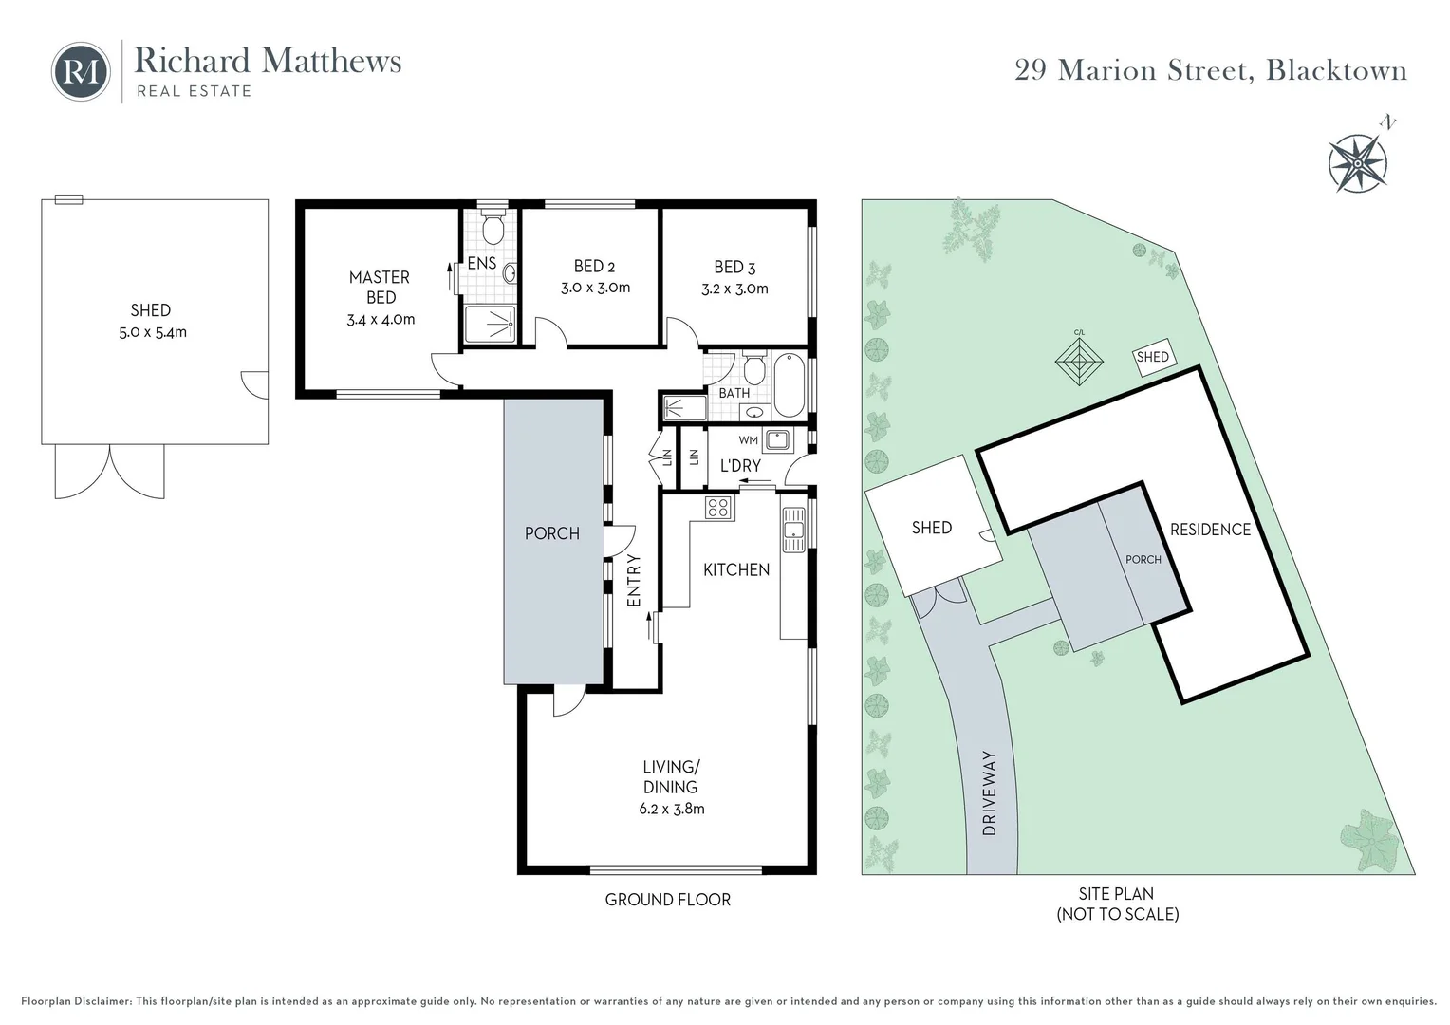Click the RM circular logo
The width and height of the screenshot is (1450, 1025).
coord(81,71)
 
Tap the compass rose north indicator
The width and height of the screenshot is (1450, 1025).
coord(1358,162)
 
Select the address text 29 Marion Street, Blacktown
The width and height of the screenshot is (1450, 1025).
coord(1210,70)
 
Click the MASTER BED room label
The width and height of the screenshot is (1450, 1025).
coord(380,287)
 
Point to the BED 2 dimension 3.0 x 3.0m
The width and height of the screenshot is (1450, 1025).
coord(595,288)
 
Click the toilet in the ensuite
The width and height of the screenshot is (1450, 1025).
coord(493,228)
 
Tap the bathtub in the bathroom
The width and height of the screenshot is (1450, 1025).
coord(789,385)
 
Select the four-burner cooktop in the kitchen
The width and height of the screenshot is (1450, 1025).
coord(718,508)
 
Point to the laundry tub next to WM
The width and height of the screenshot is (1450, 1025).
coord(778,440)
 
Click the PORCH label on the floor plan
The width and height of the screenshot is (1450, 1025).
coord(552,533)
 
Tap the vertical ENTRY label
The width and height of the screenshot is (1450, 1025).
coord(634,580)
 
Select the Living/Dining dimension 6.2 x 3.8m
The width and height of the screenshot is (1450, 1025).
coord(671,810)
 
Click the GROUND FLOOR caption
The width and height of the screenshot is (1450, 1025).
coord(668,900)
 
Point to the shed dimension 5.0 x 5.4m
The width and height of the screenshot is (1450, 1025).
coord(152,332)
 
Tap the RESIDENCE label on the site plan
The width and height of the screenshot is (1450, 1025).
coord(1210,530)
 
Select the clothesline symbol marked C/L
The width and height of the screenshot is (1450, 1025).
coord(1079,362)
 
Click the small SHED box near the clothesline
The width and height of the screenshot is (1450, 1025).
coord(1152,357)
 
